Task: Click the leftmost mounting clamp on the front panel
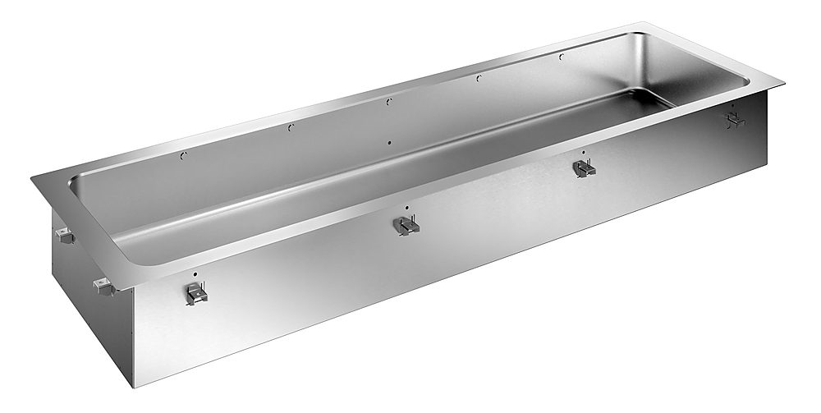[x=195, y=292]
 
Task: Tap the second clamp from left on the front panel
[x=406, y=224]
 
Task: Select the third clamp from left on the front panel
[x=584, y=168]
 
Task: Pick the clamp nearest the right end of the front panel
[x=733, y=121]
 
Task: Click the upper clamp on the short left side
[x=64, y=237]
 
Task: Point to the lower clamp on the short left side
[x=102, y=287]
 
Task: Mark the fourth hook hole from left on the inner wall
[x=477, y=78]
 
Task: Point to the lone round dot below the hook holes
[x=389, y=142]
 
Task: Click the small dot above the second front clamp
[x=406, y=207]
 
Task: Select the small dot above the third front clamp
[x=582, y=152]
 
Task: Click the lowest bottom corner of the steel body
[x=133, y=387]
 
